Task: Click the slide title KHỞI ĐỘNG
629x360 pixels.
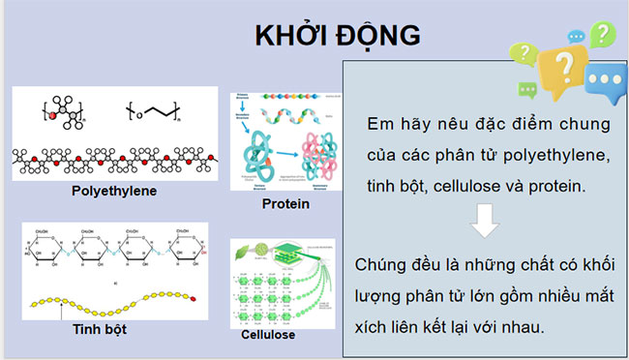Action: point(336,36)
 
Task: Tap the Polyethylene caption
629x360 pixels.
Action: point(114,191)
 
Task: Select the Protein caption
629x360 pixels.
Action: point(285,204)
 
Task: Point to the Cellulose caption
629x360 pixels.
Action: point(268,335)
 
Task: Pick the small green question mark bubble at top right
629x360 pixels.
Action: point(602,35)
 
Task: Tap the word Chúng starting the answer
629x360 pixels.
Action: point(384,264)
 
